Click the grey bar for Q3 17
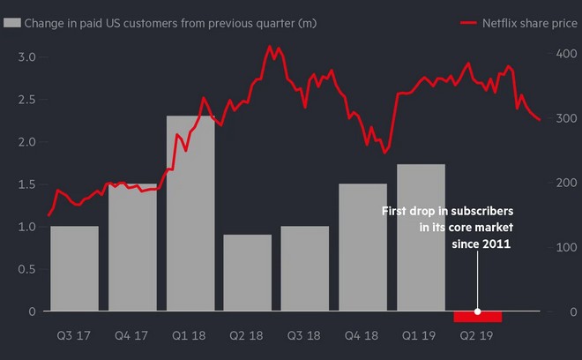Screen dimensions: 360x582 (74, 268)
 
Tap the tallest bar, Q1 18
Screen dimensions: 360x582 (190, 213)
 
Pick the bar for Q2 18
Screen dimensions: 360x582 (247, 273)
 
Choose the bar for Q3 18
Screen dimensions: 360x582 (305, 268)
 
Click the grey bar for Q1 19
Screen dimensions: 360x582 (421, 237)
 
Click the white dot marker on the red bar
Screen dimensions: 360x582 (478, 311)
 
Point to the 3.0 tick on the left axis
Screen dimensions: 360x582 (27, 57)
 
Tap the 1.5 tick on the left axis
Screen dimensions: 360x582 (27, 184)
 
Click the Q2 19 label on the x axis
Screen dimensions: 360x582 (477, 336)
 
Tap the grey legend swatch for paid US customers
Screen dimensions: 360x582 (11, 20)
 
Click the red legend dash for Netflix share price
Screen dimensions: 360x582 (470, 20)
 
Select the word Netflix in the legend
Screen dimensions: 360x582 (501, 20)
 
